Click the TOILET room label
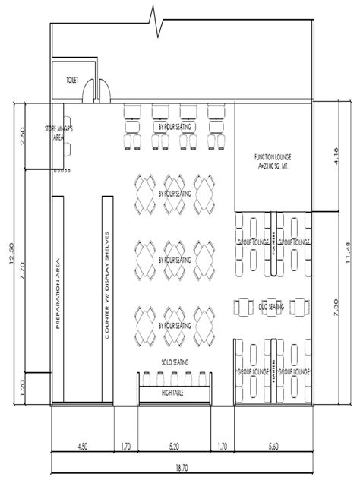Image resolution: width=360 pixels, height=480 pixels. [72, 78]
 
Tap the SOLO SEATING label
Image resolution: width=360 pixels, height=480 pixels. [175, 363]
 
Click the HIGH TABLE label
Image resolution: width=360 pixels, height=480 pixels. [175, 393]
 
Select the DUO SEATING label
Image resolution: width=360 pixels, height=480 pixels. [271, 307]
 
